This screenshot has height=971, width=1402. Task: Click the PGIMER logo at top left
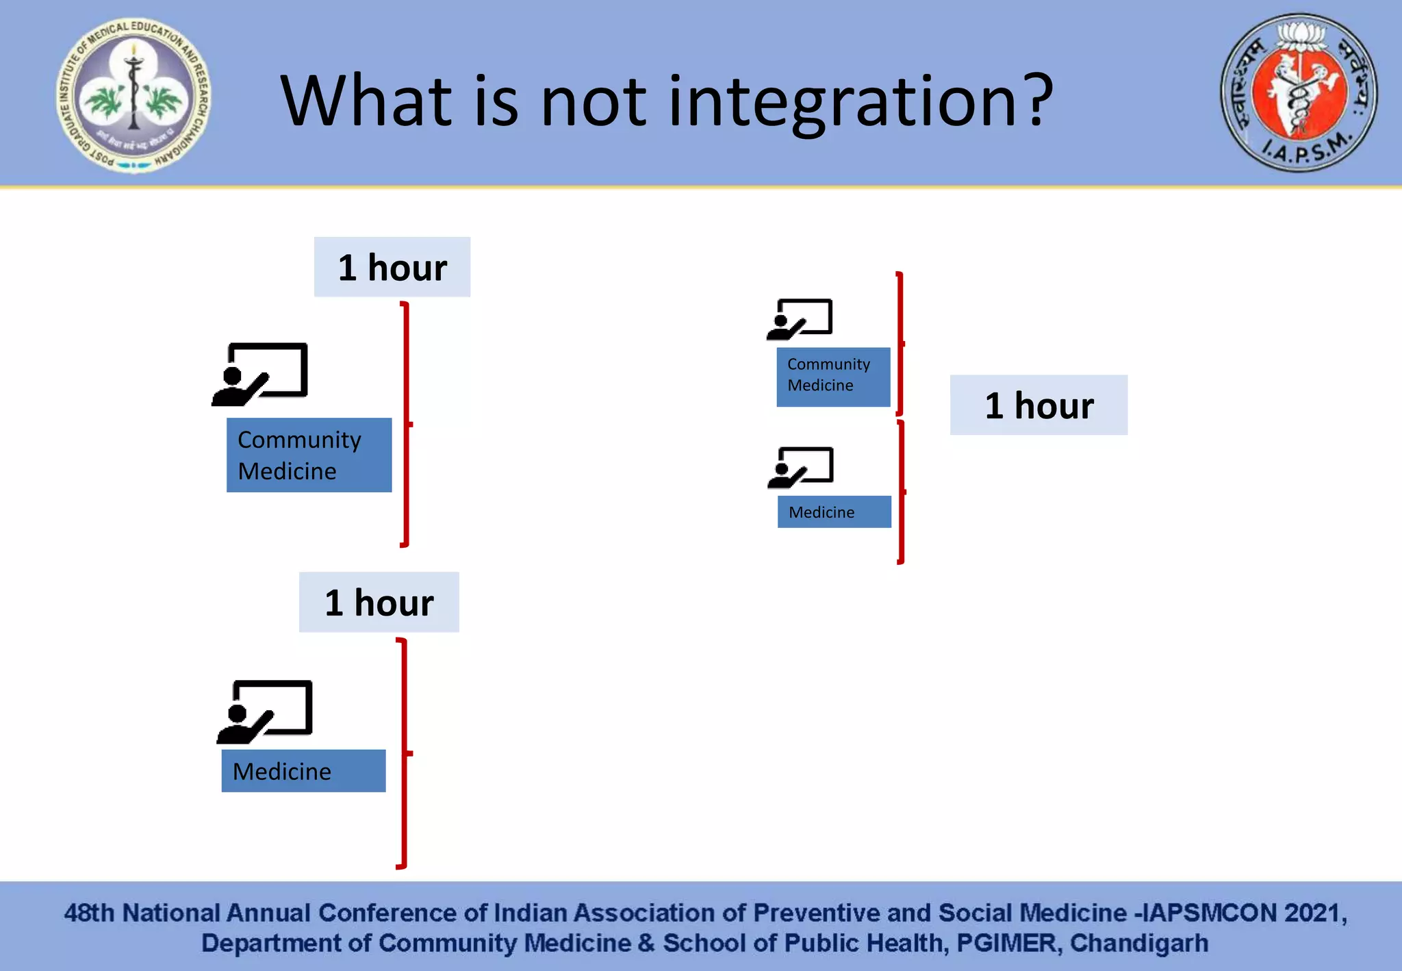coord(133,94)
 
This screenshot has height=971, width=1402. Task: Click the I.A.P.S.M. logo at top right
coord(1299,92)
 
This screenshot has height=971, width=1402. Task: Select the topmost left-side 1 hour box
coord(392,267)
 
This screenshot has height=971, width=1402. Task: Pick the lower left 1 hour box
coord(379,602)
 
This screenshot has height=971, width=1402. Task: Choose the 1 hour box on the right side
coord(1038,405)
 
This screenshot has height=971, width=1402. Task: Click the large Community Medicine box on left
coord(309,455)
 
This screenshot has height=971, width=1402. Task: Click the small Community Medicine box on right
coord(833,377)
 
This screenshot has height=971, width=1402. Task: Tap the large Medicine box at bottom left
coord(303,771)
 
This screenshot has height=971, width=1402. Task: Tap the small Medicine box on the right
coord(834,512)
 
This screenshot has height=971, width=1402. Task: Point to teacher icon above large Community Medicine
coord(261,374)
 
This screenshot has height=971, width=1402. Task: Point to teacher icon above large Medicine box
coord(266,711)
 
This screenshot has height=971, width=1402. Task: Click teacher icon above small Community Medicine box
coord(800,319)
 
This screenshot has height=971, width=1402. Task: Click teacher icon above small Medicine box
coord(801,467)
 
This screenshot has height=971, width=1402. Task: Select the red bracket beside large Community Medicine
coord(406,424)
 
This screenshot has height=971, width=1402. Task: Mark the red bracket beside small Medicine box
coord(901,492)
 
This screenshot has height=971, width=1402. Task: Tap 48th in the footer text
coord(89,913)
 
